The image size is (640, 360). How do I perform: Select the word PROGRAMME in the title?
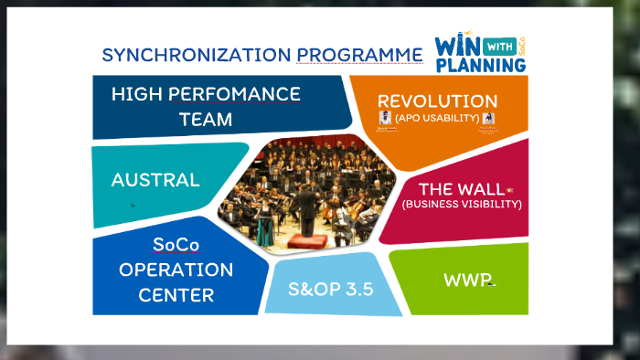pyautogui.click(x=359, y=55)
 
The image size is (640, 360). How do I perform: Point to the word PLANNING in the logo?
pyautogui.click(x=475, y=66)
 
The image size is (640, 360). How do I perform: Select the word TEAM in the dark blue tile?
pyautogui.click(x=206, y=119)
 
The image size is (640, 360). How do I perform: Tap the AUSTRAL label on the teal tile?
pyautogui.click(x=155, y=180)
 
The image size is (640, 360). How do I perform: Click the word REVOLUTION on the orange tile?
pyautogui.click(x=437, y=101)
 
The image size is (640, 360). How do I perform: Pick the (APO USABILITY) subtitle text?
pyautogui.click(x=437, y=118)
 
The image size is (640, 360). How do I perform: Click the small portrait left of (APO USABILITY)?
pyautogui.click(x=386, y=118)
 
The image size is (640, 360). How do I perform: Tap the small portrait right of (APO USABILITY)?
pyautogui.click(x=488, y=119)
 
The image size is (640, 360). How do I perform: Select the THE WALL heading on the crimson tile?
pyautogui.click(x=460, y=188)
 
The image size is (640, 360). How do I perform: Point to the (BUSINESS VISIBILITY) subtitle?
pyautogui.click(x=462, y=204)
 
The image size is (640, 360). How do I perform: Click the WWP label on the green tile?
pyautogui.click(x=466, y=279)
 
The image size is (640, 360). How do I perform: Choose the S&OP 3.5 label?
pyautogui.click(x=330, y=291)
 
